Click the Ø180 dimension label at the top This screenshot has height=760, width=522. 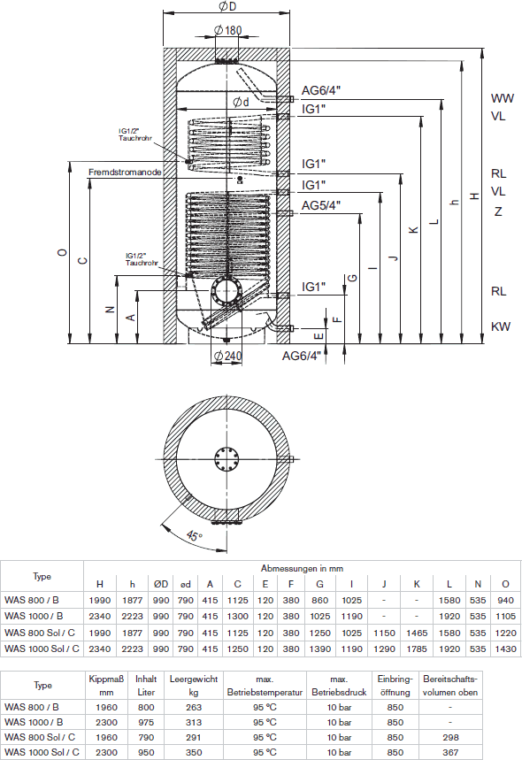(x=227, y=30)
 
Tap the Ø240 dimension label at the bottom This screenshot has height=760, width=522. (x=227, y=357)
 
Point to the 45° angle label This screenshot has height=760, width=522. (x=195, y=535)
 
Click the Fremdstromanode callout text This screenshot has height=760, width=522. (x=125, y=172)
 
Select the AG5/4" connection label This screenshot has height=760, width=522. (x=321, y=205)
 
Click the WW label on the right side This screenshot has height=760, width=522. (x=503, y=98)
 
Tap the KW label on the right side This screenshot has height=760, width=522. (x=501, y=326)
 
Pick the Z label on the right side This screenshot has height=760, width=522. (x=498, y=211)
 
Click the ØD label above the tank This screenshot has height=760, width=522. (x=227, y=6)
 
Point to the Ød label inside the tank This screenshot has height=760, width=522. (x=241, y=102)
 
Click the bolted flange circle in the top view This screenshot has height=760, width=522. (x=226, y=459)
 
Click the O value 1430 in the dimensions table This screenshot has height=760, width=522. (x=505, y=649)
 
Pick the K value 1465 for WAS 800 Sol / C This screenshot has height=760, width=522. (x=417, y=633)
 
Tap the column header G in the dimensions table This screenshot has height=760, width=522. (x=320, y=584)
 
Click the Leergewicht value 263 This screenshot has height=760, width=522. (x=194, y=707)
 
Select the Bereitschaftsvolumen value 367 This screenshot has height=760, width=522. (x=450, y=752)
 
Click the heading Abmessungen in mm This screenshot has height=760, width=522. (x=302, y=568)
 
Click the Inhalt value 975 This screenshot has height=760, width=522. (x=146, y=722)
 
